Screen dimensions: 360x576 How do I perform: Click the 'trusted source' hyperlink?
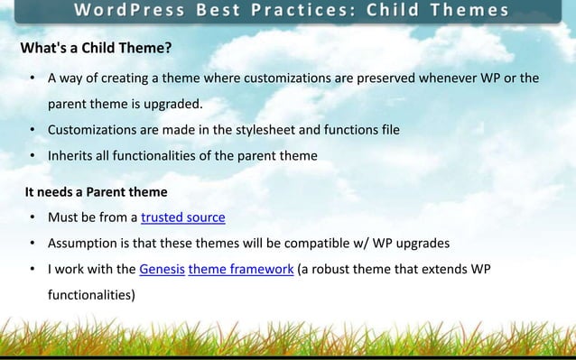click(183, 217)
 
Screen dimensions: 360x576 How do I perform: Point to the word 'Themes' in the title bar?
click(471, 11)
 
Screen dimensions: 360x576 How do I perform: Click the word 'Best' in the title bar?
click(227, 11)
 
